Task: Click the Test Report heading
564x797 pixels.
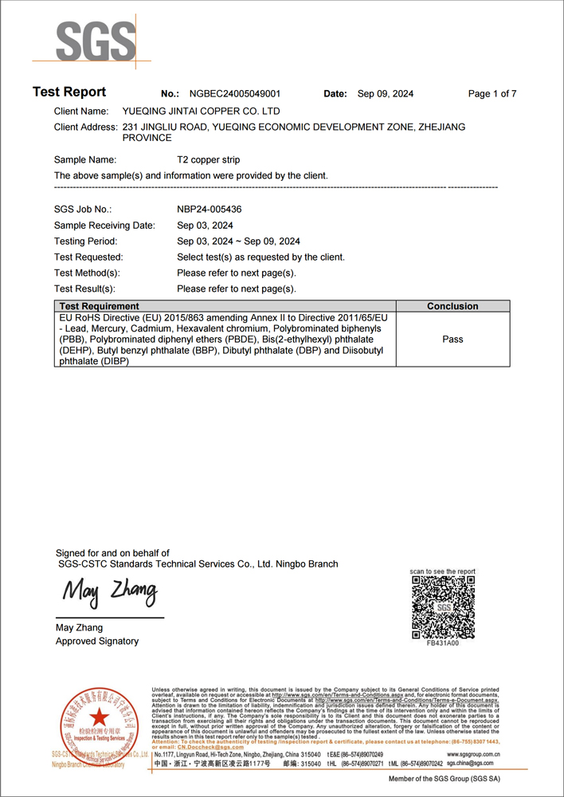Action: click(x=69, y=92)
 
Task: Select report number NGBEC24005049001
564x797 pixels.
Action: click(x=234, y=94)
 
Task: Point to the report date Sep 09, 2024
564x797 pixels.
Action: click(x=386, y=94)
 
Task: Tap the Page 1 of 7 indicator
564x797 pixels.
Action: click(x=492, y=94)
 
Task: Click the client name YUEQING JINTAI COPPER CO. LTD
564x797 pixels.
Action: click(x=201, y=112)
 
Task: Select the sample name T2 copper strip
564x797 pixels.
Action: click(x=208, y=160)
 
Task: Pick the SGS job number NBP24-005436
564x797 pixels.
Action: click(x=210, y=209)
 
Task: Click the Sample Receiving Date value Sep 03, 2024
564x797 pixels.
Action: click(x=205, y=226)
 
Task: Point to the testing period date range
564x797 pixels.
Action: click(x=238, y=241)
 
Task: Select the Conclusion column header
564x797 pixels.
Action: click(x=452, y=306)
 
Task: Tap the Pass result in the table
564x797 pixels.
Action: click(x=452, y=340)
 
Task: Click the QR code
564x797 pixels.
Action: click(x=443, y=607)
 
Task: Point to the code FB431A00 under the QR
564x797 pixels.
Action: click(x=443, y=643)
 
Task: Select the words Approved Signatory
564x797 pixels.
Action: click(x=97, y=642)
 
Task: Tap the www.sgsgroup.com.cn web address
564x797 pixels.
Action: click(x=473, y=754)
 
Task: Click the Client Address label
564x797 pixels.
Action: click(x=86, y=128)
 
